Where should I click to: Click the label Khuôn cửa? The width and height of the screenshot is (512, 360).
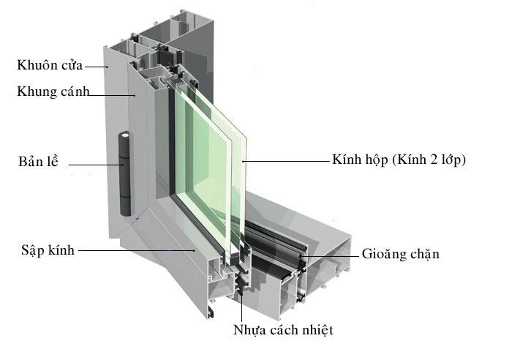50,65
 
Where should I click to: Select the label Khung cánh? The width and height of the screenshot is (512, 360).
53,91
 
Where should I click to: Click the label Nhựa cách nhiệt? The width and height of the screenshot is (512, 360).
283,329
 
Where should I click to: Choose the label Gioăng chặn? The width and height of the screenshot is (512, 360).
400,254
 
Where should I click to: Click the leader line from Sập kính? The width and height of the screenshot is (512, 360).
135,250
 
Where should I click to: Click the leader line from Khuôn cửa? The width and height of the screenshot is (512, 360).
96,67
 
